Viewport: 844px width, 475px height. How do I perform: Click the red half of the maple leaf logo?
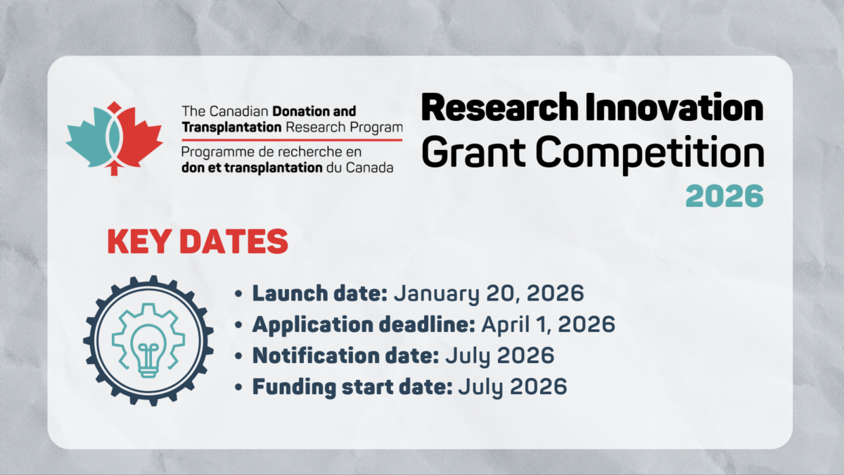pos(139,137)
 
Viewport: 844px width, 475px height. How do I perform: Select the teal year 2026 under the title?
pos(724,196)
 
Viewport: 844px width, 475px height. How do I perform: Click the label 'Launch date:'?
pos(320,293)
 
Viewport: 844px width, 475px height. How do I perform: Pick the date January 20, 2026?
pos(488,293)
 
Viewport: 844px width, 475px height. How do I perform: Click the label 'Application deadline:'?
pos(364,324)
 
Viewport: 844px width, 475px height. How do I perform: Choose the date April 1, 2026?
pos(548,324)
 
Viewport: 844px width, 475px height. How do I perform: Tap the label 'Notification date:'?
pos(345,355)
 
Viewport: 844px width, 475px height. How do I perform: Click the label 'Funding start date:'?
pos(352,386)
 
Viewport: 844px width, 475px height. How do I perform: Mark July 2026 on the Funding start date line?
pos(512,386)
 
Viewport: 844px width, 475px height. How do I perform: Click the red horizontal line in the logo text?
pos(292,139)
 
